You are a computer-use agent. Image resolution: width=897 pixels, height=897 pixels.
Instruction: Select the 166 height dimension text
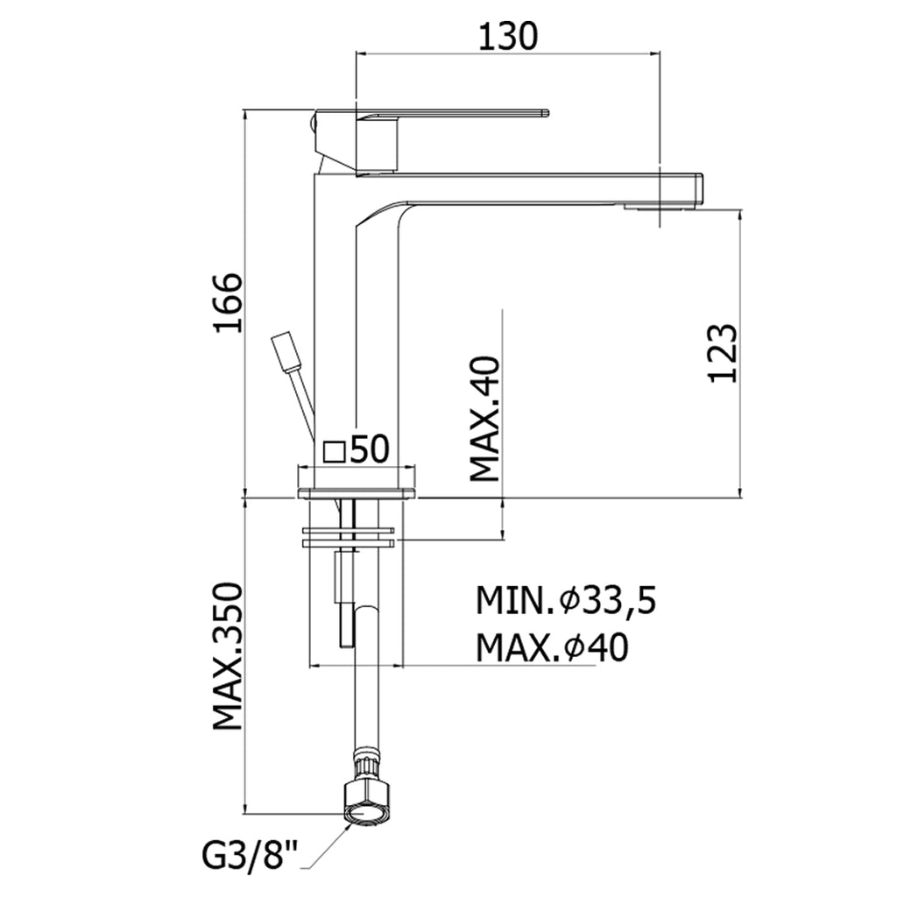(228, 303)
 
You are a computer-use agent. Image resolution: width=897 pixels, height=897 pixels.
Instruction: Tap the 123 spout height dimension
(722, 352)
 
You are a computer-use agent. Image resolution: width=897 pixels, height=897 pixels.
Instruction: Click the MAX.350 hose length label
(228, 656)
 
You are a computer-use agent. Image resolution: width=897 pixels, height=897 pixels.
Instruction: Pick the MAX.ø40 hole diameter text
(552, 648)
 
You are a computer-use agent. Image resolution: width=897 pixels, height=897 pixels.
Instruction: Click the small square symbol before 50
(334, 451)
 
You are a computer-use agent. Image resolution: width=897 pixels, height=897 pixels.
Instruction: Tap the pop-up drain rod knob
(286, 350)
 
